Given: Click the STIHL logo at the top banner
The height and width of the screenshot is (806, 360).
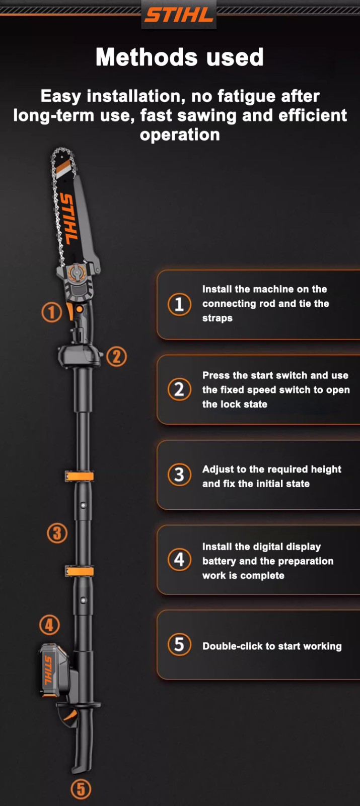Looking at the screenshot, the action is (x=179, y=15).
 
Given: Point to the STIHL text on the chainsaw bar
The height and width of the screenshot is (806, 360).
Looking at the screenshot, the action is (x=68, y=218).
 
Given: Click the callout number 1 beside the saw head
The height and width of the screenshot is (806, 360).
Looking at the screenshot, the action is (x=52, y=312).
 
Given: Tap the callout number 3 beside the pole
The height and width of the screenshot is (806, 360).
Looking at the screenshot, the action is (x=57, y=533).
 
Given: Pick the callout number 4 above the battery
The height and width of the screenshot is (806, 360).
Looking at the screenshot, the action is (x=49, y=625).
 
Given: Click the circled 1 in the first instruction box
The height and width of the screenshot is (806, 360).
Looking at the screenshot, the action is (x=179, y=304).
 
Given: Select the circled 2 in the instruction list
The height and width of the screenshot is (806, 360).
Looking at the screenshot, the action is (x=179, y=389).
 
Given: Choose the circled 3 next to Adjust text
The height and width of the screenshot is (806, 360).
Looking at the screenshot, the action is (x=179, y=475).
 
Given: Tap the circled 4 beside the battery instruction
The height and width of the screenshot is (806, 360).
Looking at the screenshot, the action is (x=179, y=560).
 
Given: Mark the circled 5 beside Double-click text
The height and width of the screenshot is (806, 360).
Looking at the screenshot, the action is (x=179, y=644).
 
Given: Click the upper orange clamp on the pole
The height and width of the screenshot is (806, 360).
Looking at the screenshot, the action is (x=80, y=477).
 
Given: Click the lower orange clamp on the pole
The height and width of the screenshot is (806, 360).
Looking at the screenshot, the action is (x=80, y=571).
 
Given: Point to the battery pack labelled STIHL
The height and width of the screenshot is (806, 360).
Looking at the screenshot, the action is (x=54, y=670).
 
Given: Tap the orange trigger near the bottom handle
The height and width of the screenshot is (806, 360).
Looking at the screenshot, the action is (x=71, y=716).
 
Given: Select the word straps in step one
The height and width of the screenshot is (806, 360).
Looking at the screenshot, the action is (x=217, y=318).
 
